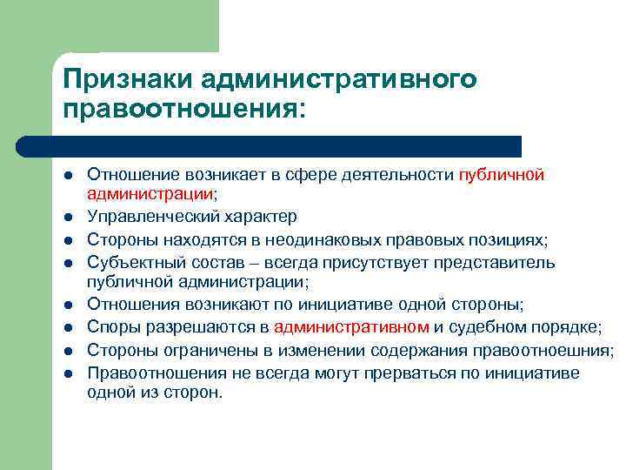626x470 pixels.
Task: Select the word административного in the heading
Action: pos(339,80)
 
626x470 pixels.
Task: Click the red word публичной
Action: pos(502,175)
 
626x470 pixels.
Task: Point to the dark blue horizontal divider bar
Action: pos(270,145)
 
